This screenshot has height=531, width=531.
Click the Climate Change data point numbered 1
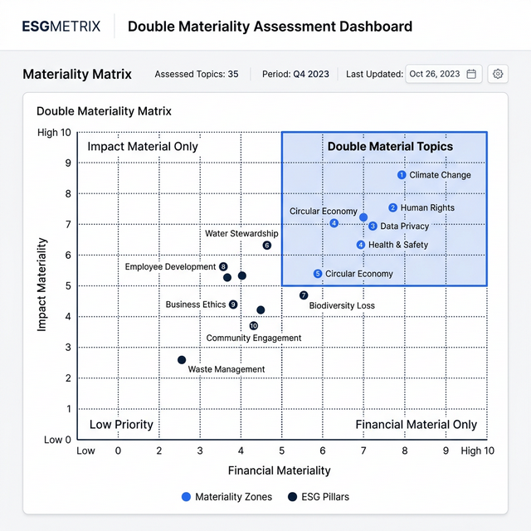click(x=402, y=175)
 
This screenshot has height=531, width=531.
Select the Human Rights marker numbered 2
click(x=392, y=208)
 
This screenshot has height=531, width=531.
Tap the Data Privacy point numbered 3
click(x=373, y=226)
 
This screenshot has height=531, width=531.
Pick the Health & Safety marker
click(x=360, y=245)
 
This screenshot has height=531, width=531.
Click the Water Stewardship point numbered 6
click(x=266, y=246)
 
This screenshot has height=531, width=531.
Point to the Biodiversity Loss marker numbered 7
click(x=304, y=295)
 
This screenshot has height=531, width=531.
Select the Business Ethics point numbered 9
click(x=233, y=304)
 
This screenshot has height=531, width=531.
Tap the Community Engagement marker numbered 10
click(x=253, y=326)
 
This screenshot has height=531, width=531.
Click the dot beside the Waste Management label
click(x=182, y=360)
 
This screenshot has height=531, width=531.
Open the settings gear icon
click(x=498, y=74)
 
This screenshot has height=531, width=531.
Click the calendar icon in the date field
click(x=471, y=74)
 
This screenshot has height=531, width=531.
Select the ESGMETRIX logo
click(x=61, y=27)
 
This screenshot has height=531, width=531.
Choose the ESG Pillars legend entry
click(x=319, y=497)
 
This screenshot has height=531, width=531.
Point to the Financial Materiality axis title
click(x=279, y=470)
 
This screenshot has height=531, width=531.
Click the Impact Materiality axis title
click(x=41, y=285)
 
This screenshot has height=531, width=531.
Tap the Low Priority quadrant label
click(x=121, y=425)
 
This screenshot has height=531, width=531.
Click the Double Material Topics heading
click(x=390, y=147)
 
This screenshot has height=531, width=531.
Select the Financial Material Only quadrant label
click(x=417, y=425)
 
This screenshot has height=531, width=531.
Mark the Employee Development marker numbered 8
click(x=223, y=266)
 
